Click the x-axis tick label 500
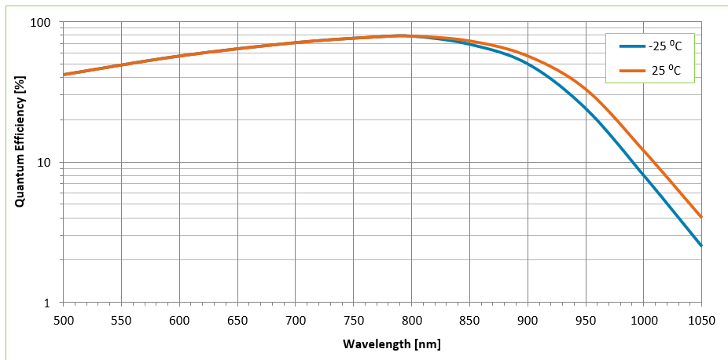63,321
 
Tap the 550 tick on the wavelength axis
121,321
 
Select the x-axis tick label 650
237,321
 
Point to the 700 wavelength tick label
295,321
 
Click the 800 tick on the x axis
411,321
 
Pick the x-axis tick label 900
527,321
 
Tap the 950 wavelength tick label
585,321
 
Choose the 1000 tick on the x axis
643,321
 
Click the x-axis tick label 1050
700,321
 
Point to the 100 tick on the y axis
40,23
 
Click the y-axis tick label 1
46,303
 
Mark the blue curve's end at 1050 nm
700,246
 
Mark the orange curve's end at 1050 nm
700,218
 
